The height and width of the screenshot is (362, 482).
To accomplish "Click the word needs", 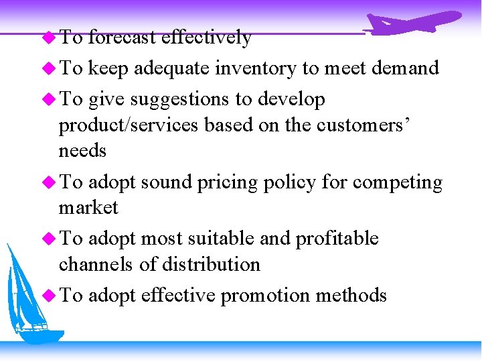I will (x=82, y=151).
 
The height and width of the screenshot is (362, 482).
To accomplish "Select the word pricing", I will (x=227, y=182).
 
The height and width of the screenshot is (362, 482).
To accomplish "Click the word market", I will (x=88, y=208).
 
